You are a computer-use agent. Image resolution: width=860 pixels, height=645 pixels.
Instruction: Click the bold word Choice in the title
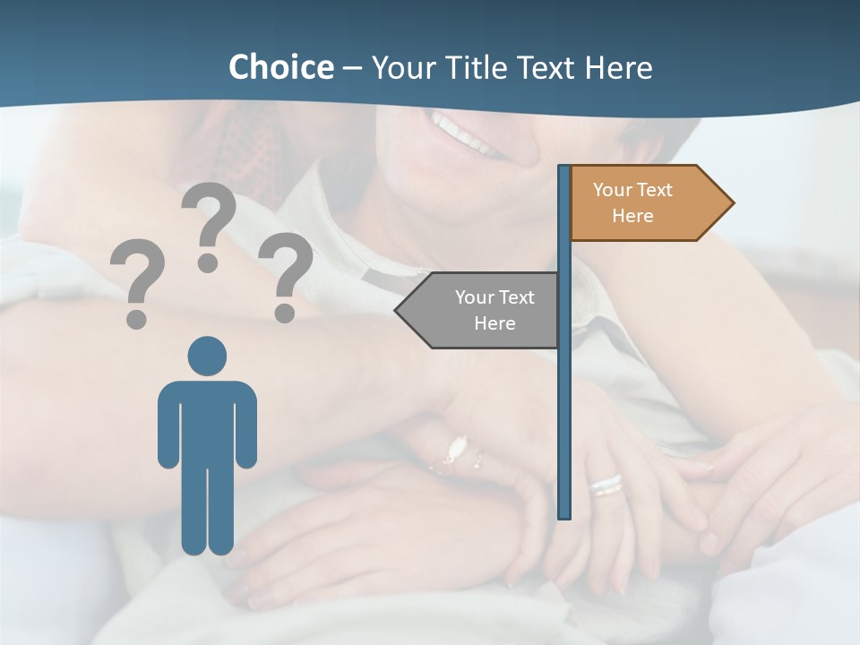[x=280, y=67]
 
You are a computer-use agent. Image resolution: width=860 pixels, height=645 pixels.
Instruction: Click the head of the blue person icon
[x=207, y=357]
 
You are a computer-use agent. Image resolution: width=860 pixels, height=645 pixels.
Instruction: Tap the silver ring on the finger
[x=606, y=485]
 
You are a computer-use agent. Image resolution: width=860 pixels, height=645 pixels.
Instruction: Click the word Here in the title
[x=618, y=67]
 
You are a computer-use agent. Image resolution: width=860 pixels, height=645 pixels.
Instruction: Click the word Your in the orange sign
[x=613, y=190]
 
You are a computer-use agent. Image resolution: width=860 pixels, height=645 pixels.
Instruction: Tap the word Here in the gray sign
[x=494, y=323]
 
